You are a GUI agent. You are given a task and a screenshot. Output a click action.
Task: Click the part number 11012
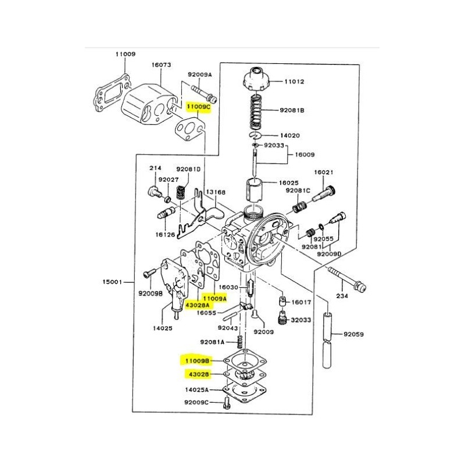tap(294, 81)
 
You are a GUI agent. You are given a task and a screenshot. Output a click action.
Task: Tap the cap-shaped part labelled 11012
tap(256, 80)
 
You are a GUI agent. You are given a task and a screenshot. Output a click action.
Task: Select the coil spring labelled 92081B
tap(256, 112)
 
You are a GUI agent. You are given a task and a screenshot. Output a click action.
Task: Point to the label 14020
tap(289, 135)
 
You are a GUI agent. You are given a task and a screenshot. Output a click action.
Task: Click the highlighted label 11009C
tap(198, 106)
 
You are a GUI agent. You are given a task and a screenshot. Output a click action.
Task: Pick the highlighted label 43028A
tap(198, 305)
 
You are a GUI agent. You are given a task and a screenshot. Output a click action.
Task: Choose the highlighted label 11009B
tap(197, 360)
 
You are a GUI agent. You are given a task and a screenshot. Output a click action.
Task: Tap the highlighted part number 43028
tap(199, 374)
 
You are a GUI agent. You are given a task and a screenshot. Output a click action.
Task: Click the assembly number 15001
tap(112, 282)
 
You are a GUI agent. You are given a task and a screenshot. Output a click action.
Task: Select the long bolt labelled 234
tap(347, 278)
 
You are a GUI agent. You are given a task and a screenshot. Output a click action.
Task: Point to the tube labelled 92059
tap(327, 340)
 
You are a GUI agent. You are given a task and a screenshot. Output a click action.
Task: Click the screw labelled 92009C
tap(227, 403)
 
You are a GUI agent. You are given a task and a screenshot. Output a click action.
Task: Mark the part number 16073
tap(162, 65)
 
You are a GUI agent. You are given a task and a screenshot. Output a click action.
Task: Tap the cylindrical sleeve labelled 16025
tap(254, 189)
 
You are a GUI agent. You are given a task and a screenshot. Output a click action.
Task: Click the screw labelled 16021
tap(325, 194)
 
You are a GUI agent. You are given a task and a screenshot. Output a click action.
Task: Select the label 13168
tap(216, 192)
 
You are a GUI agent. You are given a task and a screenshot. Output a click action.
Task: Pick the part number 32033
tap(301, 320)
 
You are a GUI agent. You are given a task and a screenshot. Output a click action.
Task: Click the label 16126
tap(165, 235)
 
